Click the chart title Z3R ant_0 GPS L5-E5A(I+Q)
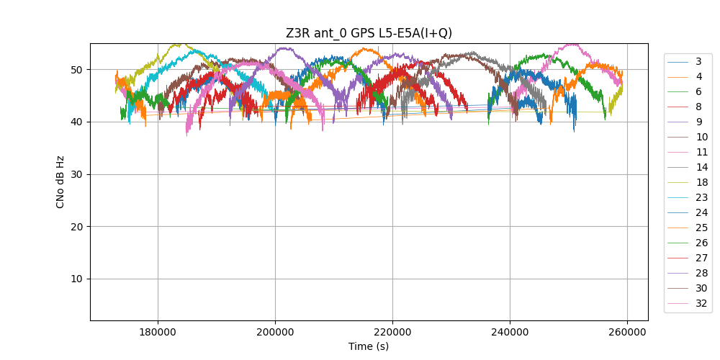point(369,32)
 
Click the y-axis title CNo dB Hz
point(60,182)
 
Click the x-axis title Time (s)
point(369,346)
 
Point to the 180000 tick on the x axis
point(158,332)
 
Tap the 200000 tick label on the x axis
point(275,332)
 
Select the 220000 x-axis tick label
point(392,332)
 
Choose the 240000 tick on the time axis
point(510,332)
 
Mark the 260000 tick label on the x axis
point(627,332)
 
